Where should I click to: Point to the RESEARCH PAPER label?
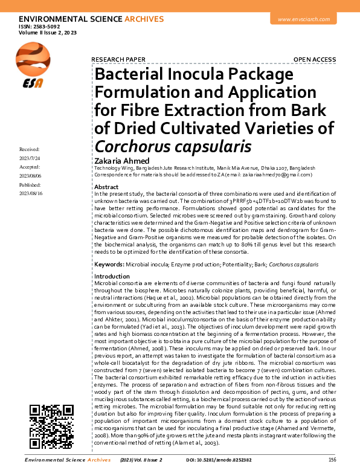pyautogui.click(x=118, y=59)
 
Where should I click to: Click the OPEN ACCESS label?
pyautogui.click(x=314, y=59)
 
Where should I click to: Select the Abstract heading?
pyautogui.click(x=106, y=187)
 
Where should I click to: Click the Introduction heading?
pyautogui.click(x=112, y=276)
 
